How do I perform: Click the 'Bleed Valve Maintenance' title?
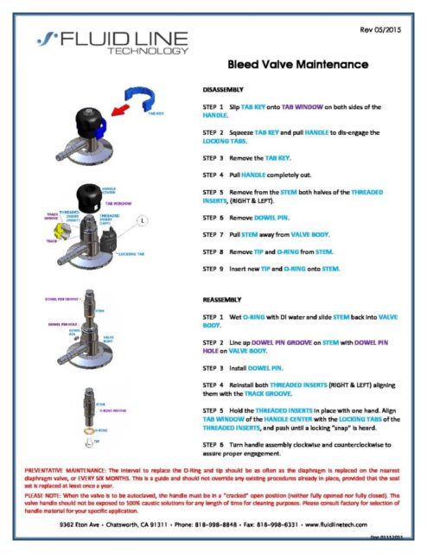point(298,66)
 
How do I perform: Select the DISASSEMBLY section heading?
point(223,89)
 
